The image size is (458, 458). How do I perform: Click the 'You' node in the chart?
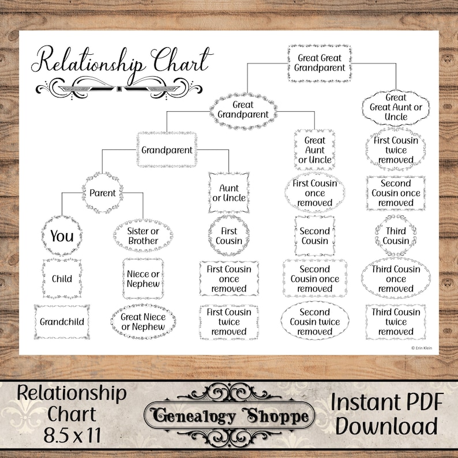click(x=62, y=236)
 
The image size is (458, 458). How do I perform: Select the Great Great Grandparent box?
click(x=319, y=62)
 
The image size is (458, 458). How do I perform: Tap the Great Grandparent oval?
click(x=243, y=110)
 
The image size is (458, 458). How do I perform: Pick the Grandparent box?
click(x=167, y=149)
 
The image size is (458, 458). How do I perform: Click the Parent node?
click(x=103, y=193)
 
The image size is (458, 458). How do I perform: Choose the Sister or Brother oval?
click(x=143, y=236)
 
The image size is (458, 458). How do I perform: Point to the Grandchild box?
click(x=62, y=322)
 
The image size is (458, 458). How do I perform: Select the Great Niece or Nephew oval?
click(x=143, y=322)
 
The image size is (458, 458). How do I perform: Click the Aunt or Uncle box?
click(x=229, y=193)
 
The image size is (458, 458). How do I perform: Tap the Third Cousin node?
click(x=396, y=236)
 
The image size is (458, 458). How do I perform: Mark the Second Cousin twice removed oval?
click(x=315, y=322)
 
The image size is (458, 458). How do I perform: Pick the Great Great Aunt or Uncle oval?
click(x=396, y=107)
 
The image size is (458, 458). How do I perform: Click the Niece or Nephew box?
click(x=143, y=279)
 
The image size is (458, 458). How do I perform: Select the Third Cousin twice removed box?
click(x=396, y=322)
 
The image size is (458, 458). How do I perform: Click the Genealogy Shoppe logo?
click(x=229, y=415)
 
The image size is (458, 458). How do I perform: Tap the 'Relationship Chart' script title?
click(x=122, y=61)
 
